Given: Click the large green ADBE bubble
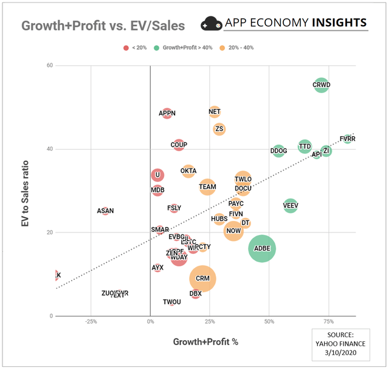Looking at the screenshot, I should [262, 248].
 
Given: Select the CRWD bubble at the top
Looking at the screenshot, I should [321, 85].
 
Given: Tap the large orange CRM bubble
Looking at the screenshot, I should [202, 278].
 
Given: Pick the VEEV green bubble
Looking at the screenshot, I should [291, 206].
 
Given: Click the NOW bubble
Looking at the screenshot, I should [233, 231].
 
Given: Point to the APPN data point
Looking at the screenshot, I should [167, 113].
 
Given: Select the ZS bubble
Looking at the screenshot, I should [219, 129].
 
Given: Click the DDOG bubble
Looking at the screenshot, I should [278, 151].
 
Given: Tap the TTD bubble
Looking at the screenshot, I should [305, 147].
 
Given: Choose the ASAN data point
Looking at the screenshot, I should [105, 211].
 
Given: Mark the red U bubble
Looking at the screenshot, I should [157, 175].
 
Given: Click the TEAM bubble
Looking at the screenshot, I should [207, 187].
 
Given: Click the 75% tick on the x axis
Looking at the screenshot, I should [328, 322].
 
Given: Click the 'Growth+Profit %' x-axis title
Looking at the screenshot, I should [205, 341].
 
